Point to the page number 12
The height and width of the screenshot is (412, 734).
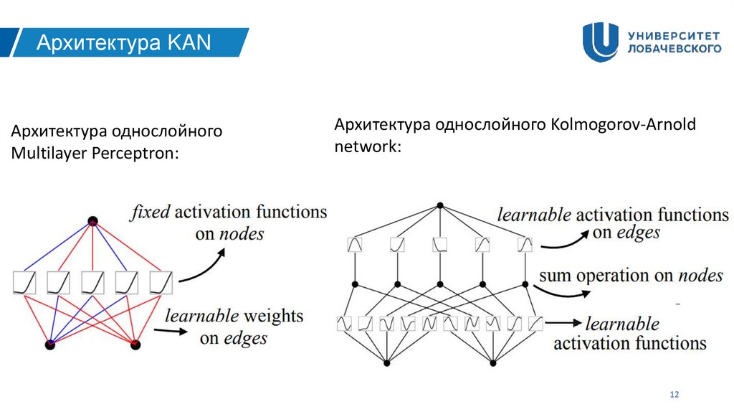674,395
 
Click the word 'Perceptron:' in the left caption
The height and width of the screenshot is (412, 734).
143,154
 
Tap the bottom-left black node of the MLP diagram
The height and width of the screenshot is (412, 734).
50,345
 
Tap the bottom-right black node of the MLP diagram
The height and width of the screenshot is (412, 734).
135,345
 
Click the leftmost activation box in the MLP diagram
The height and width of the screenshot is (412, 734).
24,282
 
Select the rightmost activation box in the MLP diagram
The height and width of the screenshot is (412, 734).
161,282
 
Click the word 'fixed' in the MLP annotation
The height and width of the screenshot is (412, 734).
150,212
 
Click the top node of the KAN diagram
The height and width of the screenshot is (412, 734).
439,206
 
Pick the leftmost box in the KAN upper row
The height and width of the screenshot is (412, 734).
355,245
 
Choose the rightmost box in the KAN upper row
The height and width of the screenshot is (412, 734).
525,245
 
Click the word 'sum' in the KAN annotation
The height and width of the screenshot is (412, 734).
554,276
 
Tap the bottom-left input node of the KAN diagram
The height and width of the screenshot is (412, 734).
386,364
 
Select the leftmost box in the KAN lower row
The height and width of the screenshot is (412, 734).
344,324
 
